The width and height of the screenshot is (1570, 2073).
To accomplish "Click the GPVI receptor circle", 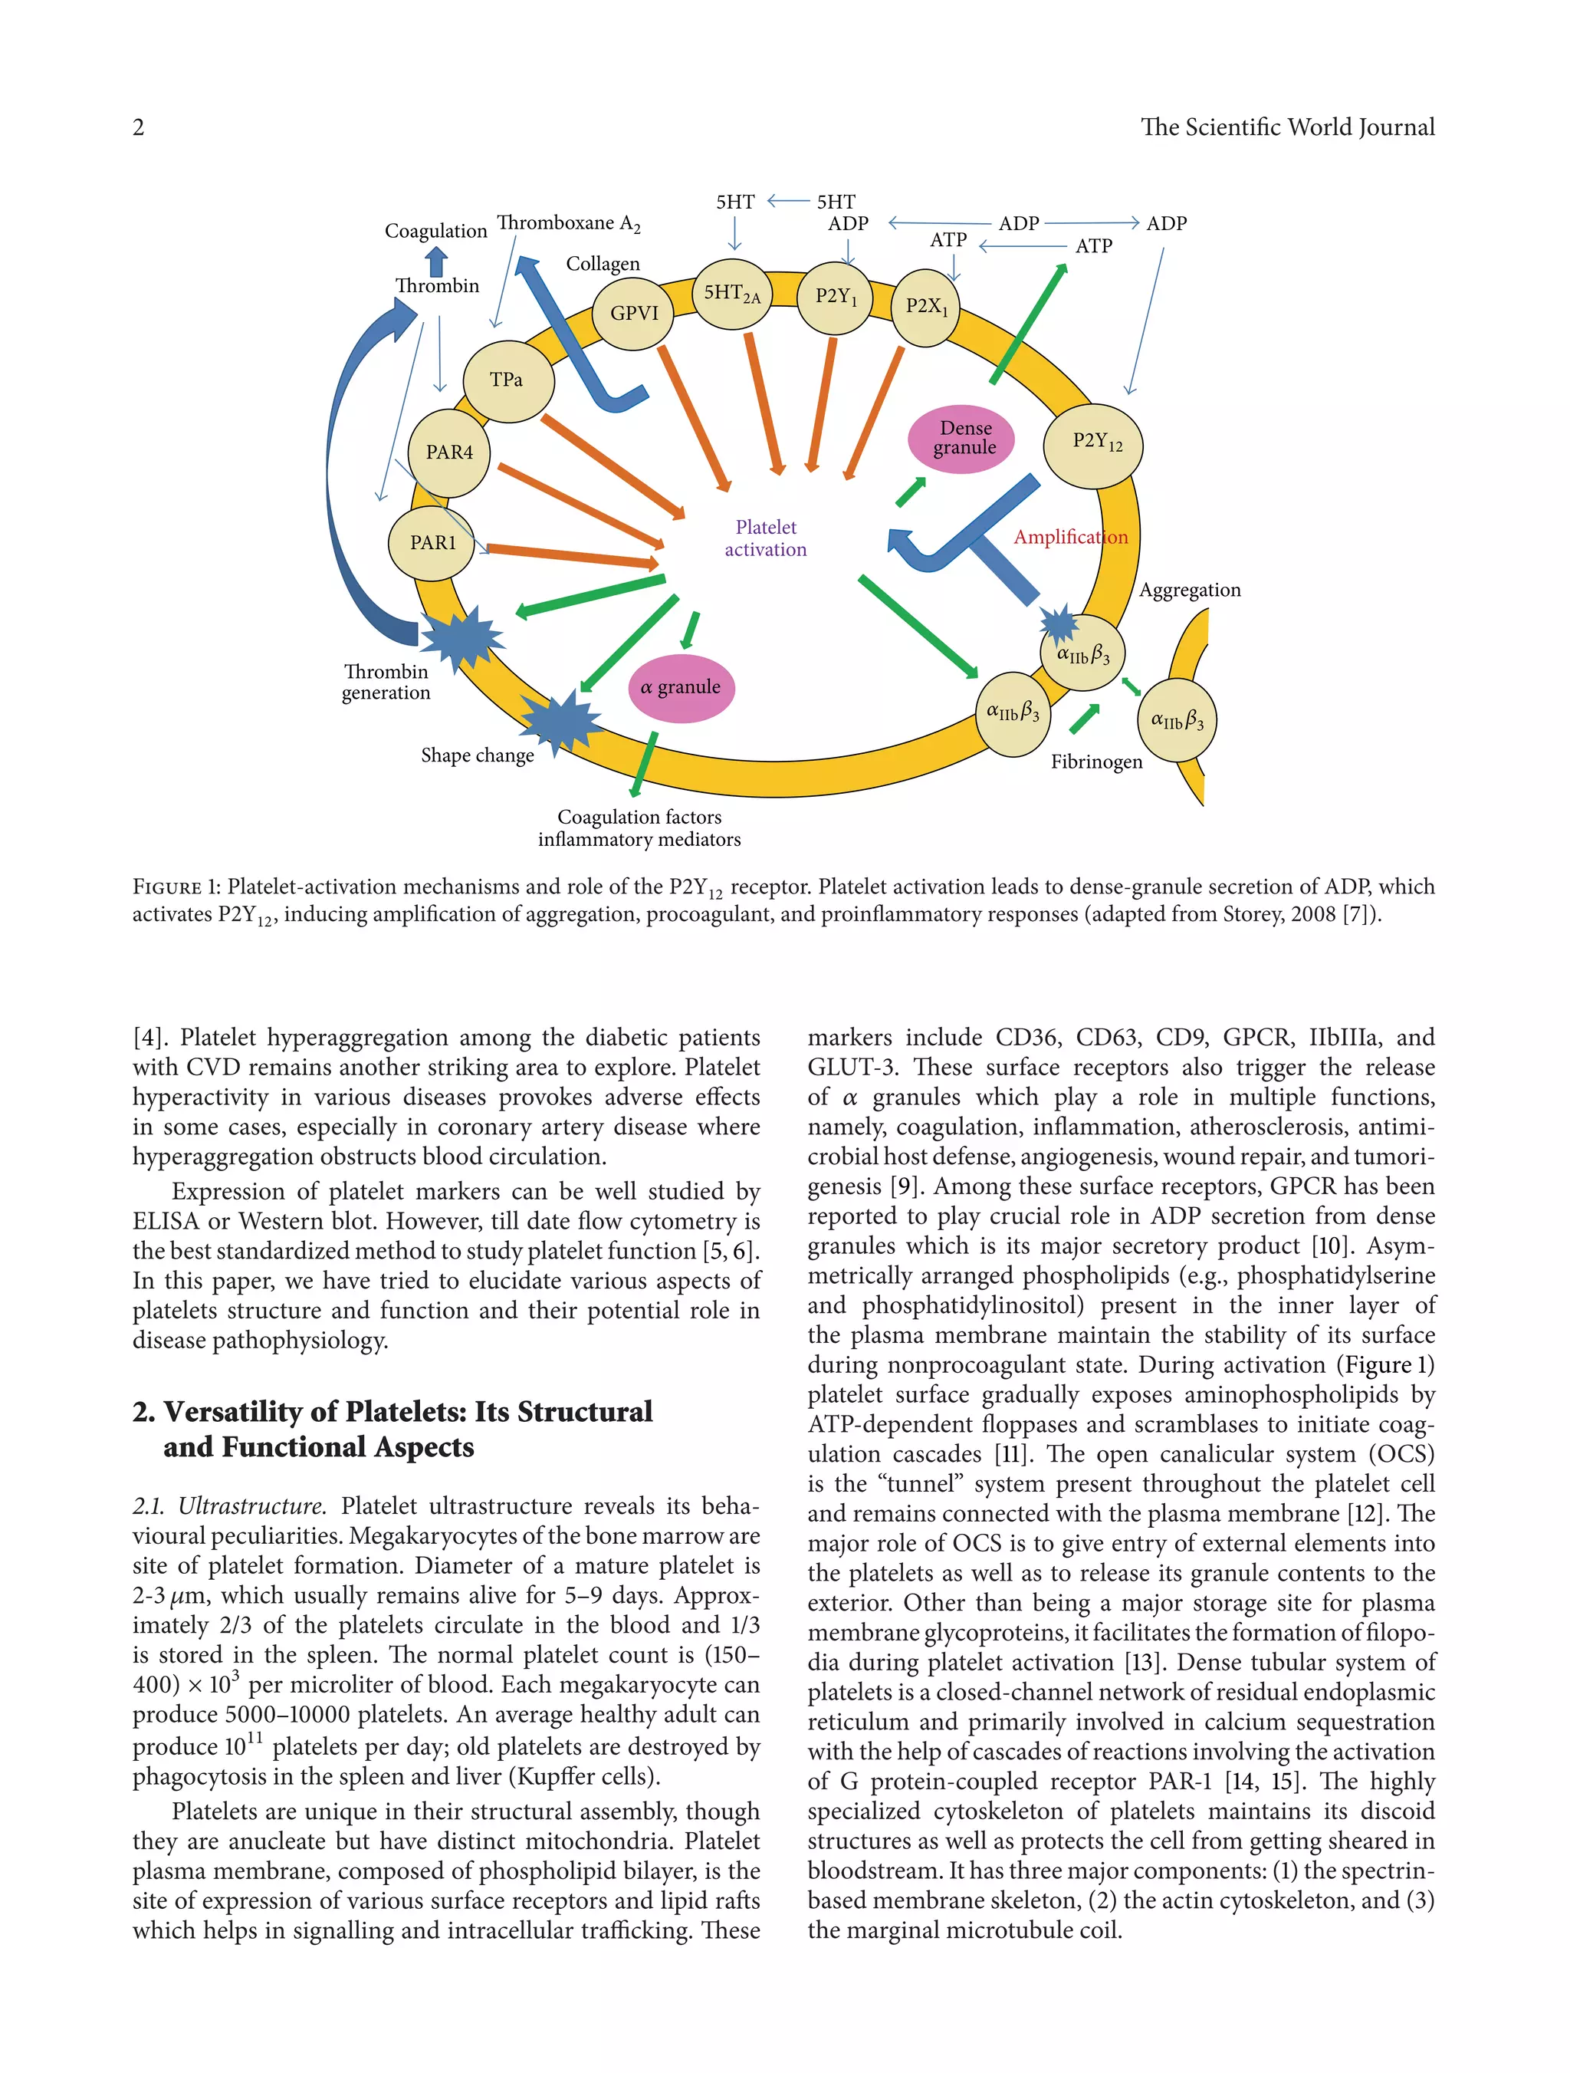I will pyautogui.click(x=633, y=313).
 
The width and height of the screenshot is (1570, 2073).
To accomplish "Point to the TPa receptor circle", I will pyautogui.click(x=507, y=380).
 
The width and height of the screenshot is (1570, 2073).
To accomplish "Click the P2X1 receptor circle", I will pyautogui.click(x=925, y=307).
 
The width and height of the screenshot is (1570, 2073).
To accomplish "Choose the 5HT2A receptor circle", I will pyautogui.click(x=731, y=294).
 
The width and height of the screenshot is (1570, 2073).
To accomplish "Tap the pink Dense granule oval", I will pyautogui.click(x=963, y=439).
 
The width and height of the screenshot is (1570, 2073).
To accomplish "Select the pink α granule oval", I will pyautogui.click(x=681, y=687).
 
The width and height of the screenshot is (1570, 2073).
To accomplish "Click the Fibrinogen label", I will pyautogui.click(x=1096, y=762).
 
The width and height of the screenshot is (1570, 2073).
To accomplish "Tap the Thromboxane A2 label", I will pyautogui.click(x=568, y=223).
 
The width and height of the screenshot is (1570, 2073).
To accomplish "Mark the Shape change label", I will pyautogui.click(x=477, y=755).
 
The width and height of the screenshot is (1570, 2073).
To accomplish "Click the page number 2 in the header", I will pyautogui.click(x=139, y=127).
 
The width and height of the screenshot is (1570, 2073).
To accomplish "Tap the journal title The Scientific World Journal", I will pyautogui.click(x=1287, y=127).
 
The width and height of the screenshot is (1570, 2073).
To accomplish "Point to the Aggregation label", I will pyautogui.click(x=1189, y=590).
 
